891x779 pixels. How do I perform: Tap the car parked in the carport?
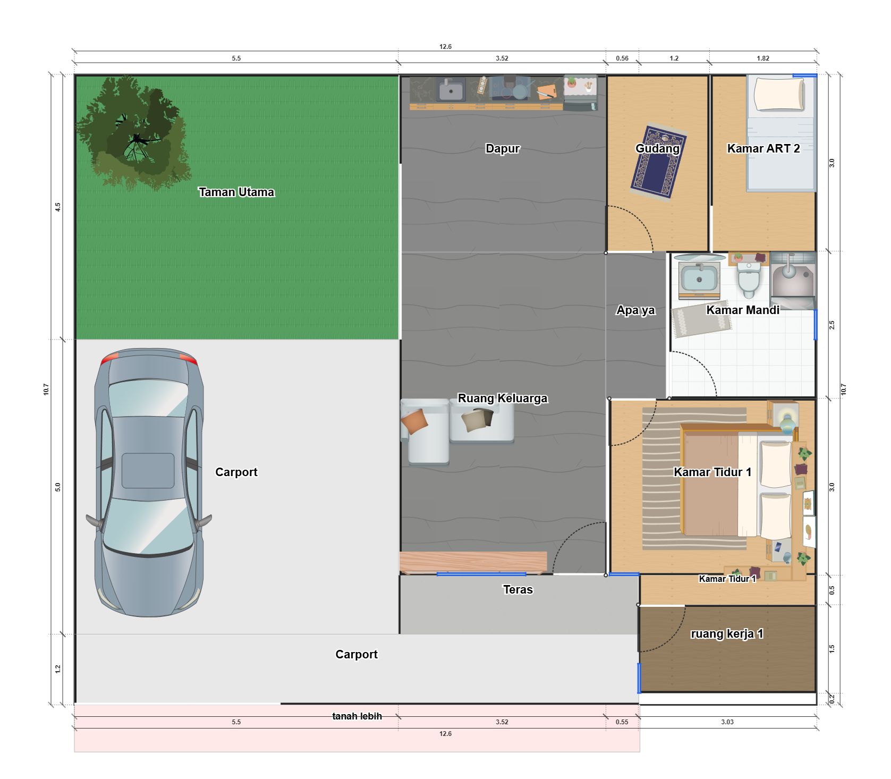point(149,482)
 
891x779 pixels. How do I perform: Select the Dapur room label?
point(503,148)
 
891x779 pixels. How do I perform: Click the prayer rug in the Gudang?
point(658,163)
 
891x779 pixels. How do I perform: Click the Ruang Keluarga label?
point(503,398)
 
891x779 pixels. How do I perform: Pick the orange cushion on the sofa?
point(414,421)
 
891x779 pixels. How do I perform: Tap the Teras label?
point(518,589)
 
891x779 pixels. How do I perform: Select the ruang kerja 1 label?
point(727,633)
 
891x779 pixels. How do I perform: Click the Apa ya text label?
point(635,310)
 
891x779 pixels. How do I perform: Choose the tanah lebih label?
point(357,716)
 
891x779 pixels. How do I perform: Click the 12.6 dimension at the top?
point(445,47)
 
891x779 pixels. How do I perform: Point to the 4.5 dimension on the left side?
point(58,207)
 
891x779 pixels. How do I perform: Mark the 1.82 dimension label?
point(763,58)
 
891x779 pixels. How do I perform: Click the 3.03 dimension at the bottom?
point(727,722)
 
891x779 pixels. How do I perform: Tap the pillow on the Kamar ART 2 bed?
point(780,94)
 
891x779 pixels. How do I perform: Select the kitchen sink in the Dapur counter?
point(451,89)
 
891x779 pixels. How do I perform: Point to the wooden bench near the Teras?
point(473,562)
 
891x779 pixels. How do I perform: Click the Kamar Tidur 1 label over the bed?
point(712,472)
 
